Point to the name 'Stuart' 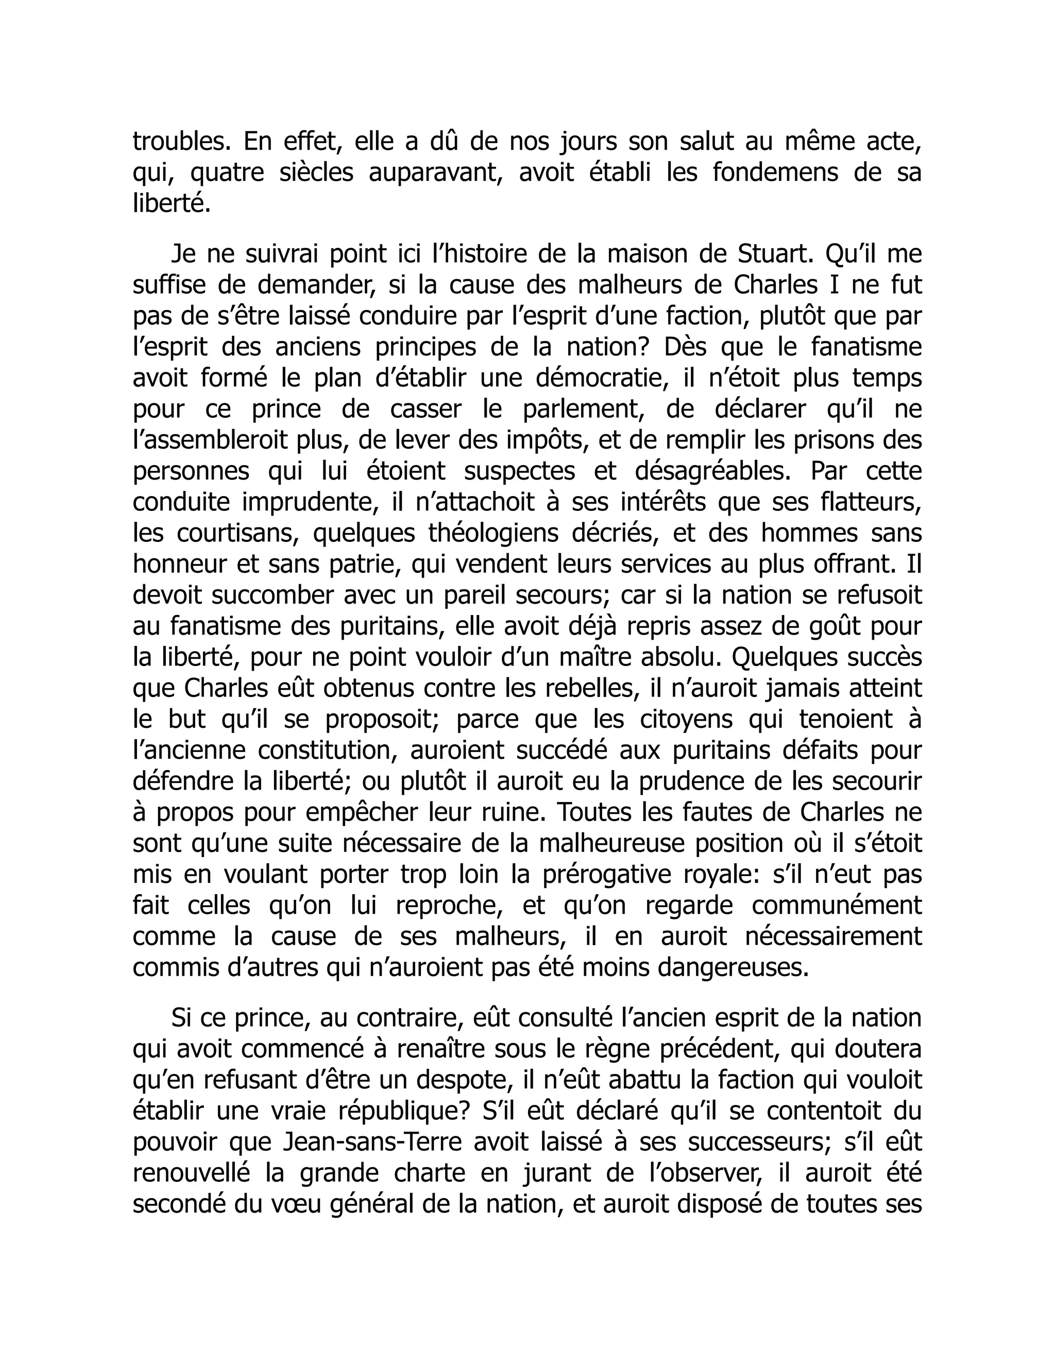(776, 254)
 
